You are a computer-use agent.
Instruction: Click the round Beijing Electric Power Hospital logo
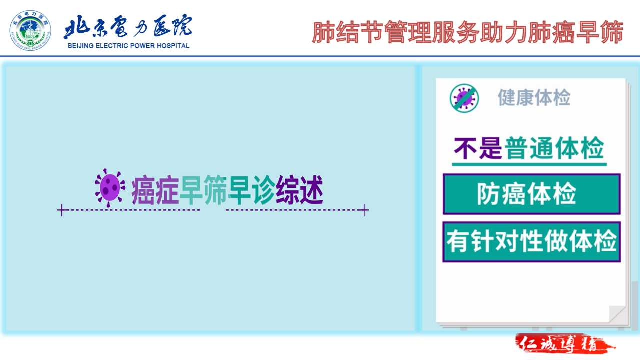30,30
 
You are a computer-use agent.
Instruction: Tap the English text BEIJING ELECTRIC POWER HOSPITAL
128,46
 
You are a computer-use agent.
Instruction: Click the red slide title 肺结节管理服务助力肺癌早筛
467,32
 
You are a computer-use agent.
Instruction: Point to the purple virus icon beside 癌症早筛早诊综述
110,188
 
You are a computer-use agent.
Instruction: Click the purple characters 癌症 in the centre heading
155,190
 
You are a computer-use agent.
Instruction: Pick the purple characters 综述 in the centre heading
299,189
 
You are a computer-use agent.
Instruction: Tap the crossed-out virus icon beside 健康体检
464,98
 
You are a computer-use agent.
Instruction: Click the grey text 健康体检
534,97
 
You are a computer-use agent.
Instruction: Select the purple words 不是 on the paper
478,148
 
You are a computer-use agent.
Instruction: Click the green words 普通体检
554,148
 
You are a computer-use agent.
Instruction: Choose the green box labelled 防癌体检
532,194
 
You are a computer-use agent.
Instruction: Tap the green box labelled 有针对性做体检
532,242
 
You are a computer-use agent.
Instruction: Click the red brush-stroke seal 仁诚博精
564,343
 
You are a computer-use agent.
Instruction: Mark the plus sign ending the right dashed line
364,210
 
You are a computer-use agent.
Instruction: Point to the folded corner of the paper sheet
617,314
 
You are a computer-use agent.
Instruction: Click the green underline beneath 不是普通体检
529,164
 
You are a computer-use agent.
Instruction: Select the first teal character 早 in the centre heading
192,189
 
